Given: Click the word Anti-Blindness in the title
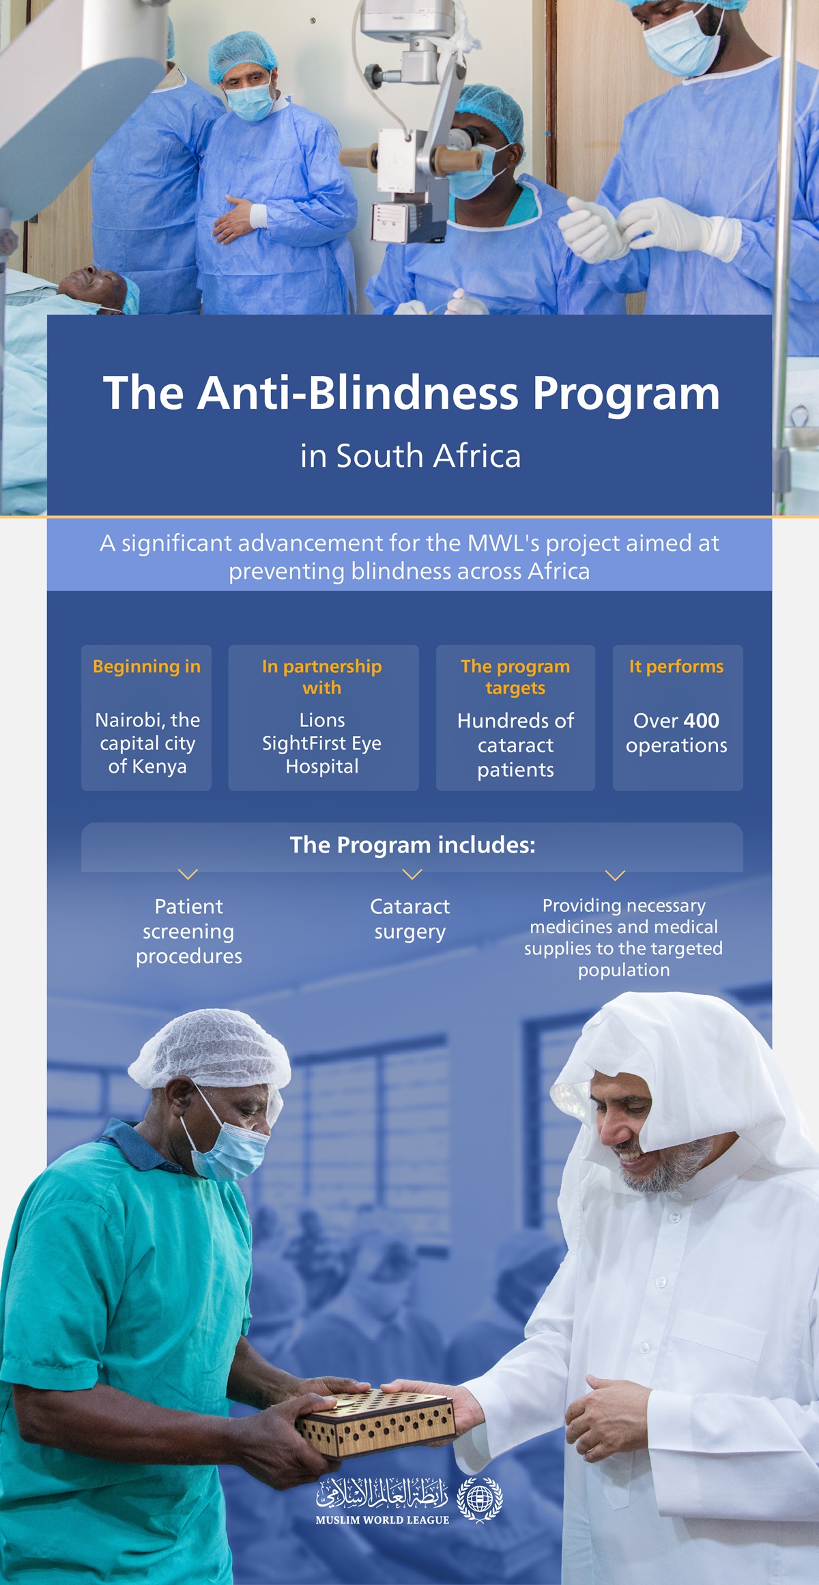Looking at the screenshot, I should click(358, 393).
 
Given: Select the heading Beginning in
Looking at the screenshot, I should click(147, 666).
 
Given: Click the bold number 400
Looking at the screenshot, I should click(701, 721).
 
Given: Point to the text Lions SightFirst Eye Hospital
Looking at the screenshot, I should click(322, 743).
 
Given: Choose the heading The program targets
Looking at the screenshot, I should click(515, 676).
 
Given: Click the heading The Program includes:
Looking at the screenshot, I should click(412, 845).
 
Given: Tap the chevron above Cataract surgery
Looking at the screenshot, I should click(412, 874).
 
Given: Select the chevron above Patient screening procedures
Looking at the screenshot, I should click(188, 874).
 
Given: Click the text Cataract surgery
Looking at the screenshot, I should click(409, 919).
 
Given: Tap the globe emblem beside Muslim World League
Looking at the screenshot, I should click(480, 1499).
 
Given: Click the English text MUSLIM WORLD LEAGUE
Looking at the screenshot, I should click(382, 1520).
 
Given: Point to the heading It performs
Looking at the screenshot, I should click(676, 666).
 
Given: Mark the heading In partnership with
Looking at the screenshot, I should click(322, 676).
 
